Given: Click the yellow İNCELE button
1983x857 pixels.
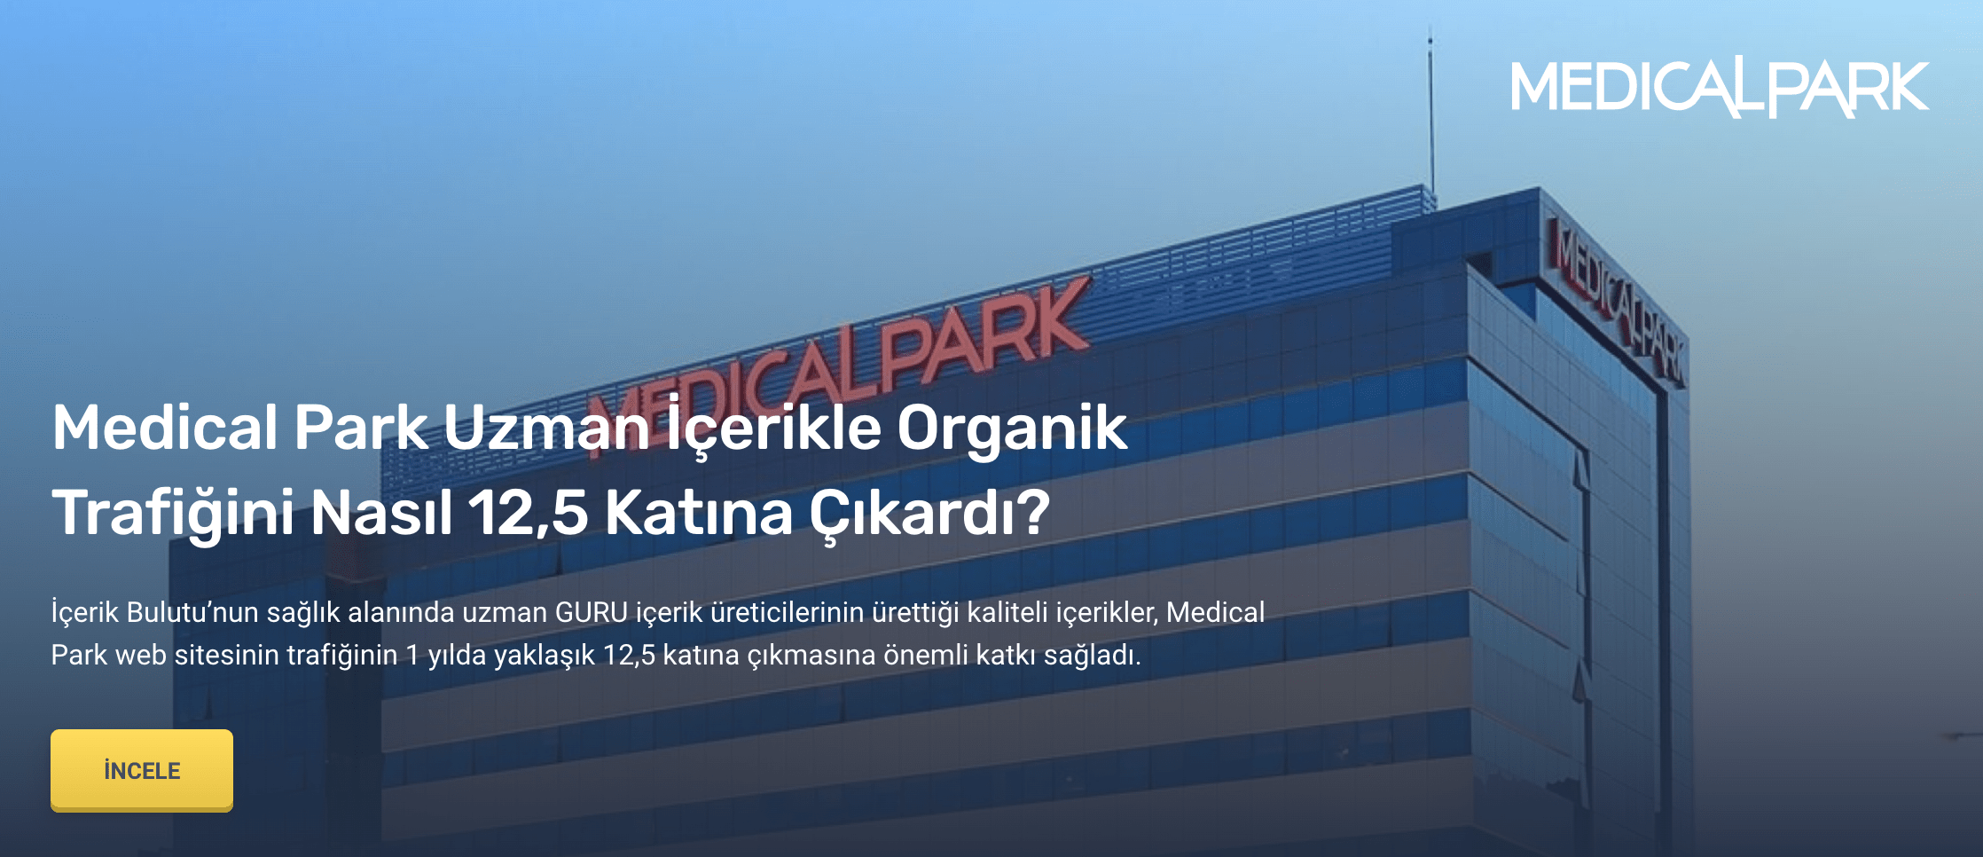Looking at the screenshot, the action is tap(142, 770).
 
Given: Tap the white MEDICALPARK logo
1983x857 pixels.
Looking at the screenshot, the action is tap(1720, 87).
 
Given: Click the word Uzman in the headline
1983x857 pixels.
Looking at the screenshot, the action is tap(547, 428).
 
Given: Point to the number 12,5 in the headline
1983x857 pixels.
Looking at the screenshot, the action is tap(528, 514).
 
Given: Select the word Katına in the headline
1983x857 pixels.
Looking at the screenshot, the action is tap(699, 513).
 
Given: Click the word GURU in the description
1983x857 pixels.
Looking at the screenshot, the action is tap(592, 612).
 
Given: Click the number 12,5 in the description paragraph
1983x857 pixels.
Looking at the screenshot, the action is tap(629, 656).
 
